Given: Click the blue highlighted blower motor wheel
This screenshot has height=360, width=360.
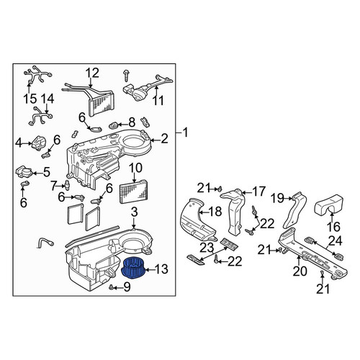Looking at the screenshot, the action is click(x=132, y=268).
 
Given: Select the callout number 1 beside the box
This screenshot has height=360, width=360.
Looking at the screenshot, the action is click(x=185, y=132).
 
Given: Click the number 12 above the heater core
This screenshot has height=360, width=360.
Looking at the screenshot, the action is click(x=92, y=73).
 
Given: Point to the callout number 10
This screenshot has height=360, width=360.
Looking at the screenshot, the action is click(x=135, y=168).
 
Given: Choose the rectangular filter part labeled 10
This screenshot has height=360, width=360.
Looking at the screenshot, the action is click(x=134, y=192).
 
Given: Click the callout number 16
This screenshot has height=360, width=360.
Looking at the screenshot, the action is click(x=333, y=226).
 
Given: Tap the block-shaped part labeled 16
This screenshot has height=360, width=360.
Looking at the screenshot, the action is click(x=329, y=203).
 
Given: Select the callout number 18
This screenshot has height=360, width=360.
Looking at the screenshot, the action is click(x=215, y=212).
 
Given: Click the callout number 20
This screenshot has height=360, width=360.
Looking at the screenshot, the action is click(x=300, y=271).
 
